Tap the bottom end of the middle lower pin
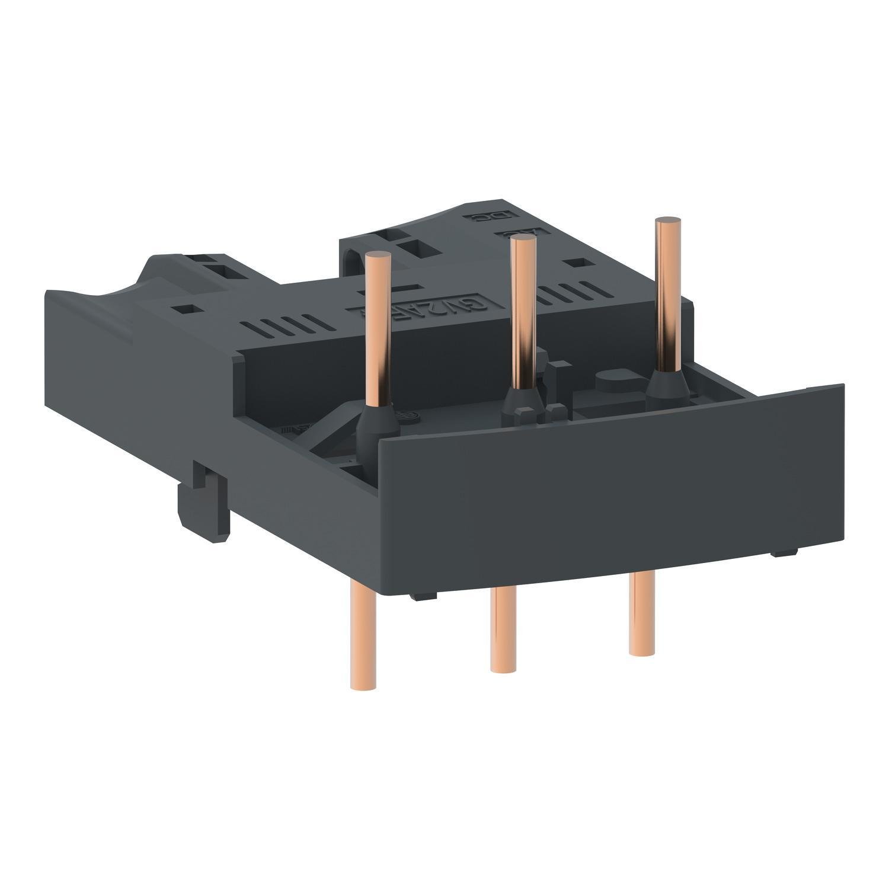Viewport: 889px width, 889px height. [x=501, y=669]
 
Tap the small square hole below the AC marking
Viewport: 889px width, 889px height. [x=574, y=261]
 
